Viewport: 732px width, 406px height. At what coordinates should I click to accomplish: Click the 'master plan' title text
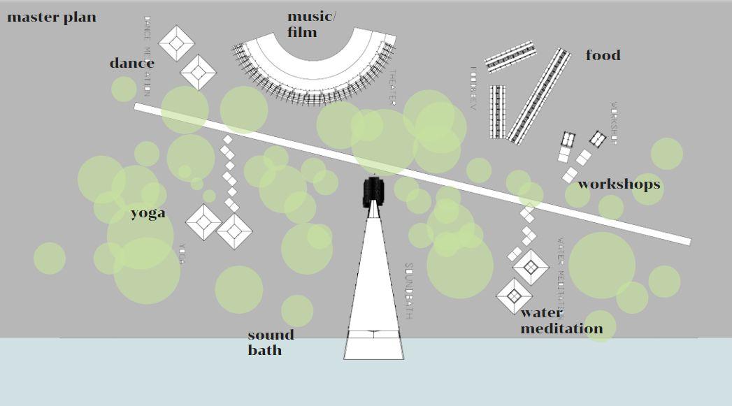click(x=52, y=17)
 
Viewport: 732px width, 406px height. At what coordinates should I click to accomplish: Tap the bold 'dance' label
click(x=131, y=64)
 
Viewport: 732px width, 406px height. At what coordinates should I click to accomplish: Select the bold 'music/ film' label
click(x=311, y=24)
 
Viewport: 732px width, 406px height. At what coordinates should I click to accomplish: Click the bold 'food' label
click(x=603, y=55)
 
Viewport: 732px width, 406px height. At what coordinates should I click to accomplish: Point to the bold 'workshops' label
click(x=619, y=184)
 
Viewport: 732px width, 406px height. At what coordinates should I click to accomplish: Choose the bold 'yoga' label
click(x=148, y=213)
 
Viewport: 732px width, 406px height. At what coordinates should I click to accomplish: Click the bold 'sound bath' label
click(x=271, y=342)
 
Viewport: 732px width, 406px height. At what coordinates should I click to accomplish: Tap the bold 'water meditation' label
click(x=561, y=321)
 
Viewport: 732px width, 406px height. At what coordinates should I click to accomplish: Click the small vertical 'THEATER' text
click(x=392, y=88)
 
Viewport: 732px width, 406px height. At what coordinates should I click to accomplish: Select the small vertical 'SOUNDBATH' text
click(x=409, y=291)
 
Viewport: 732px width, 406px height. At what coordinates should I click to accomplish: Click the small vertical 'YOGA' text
click(x=181, y=254)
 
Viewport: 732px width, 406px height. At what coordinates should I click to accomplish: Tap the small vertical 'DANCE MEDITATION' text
click(x=147, y=56)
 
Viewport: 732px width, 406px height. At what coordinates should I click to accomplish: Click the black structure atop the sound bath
click(x=374, y=191)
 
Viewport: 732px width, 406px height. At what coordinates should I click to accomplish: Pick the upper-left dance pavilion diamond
click(x=176, y=43)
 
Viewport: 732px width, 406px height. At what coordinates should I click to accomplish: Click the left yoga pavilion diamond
click(x=203, y=222)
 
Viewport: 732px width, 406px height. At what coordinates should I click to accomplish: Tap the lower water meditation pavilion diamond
click(x=514, y=296)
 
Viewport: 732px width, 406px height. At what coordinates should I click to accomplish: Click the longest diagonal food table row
click(x=539, y=96)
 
